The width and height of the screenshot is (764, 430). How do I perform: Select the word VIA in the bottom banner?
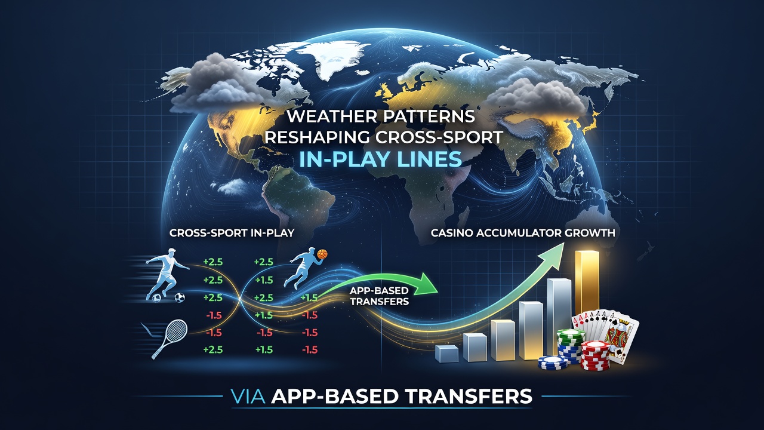pyautogui.click(x=248, y=397)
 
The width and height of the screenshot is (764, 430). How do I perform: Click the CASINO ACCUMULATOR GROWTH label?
pyautogui.click(x=523, y=233)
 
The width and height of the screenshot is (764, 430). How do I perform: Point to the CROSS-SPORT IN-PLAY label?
pyautogui.click(x=232, y=233)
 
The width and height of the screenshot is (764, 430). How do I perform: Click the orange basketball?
pyautogui.click(x=322, y=254)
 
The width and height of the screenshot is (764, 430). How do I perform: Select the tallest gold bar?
pyautogui.click(x=587, y=283)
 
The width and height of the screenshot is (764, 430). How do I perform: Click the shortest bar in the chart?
pyautogui.click(x=447, y=354)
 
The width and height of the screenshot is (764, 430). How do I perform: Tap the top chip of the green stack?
pyautogui.click(x=568, y=334)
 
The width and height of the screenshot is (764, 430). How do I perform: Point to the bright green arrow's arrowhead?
pyautogui.click(x=429, y=283)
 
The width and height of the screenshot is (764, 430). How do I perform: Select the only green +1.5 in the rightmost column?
pyautogui.click(x=309, y=297)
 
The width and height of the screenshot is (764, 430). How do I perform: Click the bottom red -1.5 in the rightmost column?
pyautogui.click(x=310, y=350)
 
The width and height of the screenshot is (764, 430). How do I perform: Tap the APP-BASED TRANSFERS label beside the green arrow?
pyautogui.click(x=379, y=296)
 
